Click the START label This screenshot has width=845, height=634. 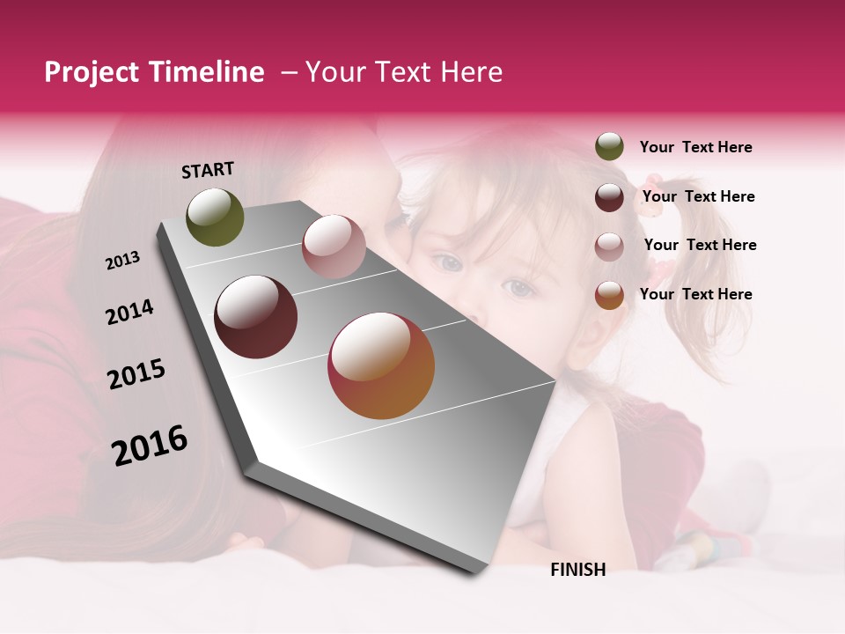(x=208, y=170)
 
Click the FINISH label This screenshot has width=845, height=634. (x=578, y=570)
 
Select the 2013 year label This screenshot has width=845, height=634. (x=122, y=261)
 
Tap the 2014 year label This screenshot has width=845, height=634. (x=129, y=312)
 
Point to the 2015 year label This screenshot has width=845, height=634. (x=136, y=374)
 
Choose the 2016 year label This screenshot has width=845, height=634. (x=150, y=446)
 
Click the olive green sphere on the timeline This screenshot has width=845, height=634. (x=215, y=217)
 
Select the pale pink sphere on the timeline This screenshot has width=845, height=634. (x=334, y=246)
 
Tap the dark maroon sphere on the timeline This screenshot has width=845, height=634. (x=256, y=317)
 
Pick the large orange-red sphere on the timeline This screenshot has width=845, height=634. (x=381, y=365)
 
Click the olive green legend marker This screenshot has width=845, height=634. (x=609, y=147)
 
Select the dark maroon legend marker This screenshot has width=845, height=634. (x=609, y=197)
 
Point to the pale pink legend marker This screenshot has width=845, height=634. (x=609, y=246)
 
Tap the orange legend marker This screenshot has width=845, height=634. (x=609, y=295)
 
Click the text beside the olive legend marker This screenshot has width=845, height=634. (x=696, y=148)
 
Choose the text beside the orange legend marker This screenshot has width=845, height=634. (x=696, y=294)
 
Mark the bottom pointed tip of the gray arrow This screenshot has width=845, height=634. (x=476, y=573)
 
